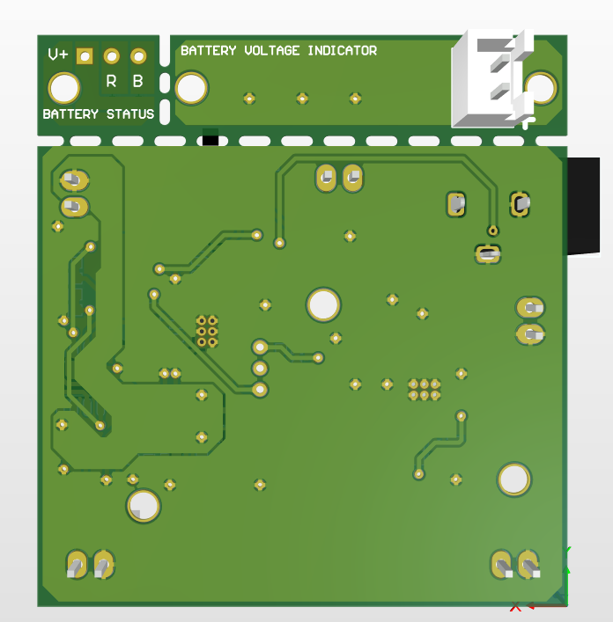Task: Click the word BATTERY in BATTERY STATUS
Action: coord(70,114)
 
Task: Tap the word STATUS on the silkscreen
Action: coord(130,114)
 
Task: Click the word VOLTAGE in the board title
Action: coord(272,51)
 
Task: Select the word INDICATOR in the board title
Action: coord(343,51)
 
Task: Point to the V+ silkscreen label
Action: coord(58,54)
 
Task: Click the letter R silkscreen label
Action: coord(111,81)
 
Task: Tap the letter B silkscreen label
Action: coord(137,81)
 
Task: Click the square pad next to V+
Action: coord(85,56)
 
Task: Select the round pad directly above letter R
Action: coord(112,56)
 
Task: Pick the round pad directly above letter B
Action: coord(138,56)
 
